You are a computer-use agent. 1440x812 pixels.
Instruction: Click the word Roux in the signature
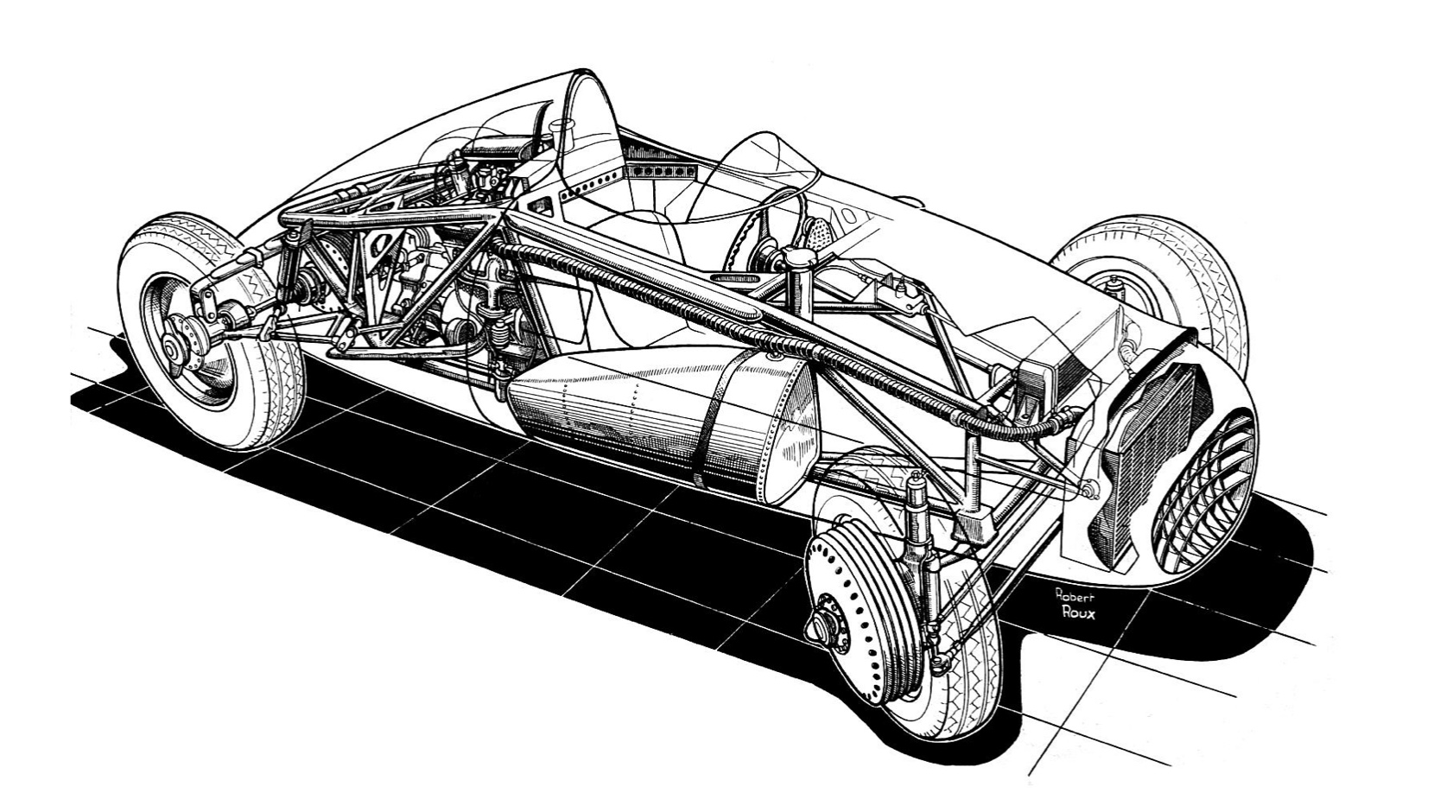[x=1077, y=612]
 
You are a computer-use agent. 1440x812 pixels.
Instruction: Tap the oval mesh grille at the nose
[x=1203, y=492]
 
